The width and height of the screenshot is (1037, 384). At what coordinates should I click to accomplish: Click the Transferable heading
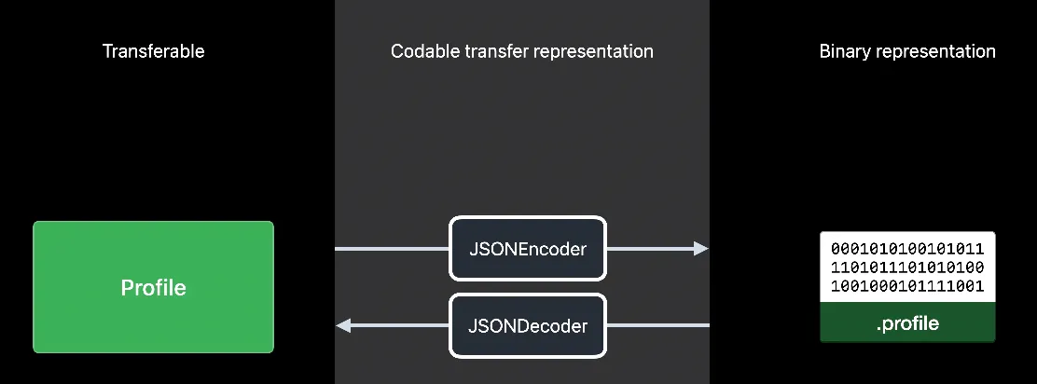[x=153, y=51]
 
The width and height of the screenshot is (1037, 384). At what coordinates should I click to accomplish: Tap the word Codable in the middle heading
[x=422, y=51]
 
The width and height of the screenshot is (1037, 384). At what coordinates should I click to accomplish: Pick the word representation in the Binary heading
[x=935, y=51]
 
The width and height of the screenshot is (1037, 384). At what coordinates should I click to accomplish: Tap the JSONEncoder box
[x=528, y=249]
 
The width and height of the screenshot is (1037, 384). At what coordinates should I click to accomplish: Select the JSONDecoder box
[x=528, y=326]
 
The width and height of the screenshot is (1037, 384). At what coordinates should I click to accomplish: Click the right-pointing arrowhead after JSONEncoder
[x=700, y=249]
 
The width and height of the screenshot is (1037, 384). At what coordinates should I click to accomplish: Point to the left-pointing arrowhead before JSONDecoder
[x=343, y=325]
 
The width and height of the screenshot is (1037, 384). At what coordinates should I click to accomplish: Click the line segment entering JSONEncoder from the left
[x=392, y=249]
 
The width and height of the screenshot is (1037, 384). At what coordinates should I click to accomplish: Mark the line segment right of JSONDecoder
[x=657, y=325]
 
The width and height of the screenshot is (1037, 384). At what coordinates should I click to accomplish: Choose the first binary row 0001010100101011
[x=907, y=250]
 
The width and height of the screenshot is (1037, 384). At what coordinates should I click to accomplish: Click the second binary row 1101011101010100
[x=907, y=268]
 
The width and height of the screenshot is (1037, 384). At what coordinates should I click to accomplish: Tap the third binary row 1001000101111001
[x=907, y=286]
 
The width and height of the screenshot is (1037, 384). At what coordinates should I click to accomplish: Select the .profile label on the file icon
[x=907, y=324]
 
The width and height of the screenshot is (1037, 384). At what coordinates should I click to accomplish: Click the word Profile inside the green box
[x=153, y=288]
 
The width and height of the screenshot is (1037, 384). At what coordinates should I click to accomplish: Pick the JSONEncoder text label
[x=528, y=250]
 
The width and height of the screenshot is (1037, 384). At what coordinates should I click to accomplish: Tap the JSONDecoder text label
[x=528, y=326]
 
